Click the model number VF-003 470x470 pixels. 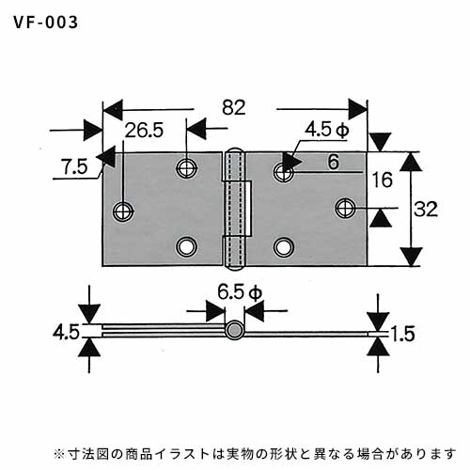click(46, 23)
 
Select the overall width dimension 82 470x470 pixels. click(234, 107)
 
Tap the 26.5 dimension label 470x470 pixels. click(144, 131)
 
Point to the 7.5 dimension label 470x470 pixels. click(74, 166)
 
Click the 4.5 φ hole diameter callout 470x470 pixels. click(327, 130)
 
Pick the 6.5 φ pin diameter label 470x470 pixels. click(240, 293)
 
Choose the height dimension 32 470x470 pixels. click(426, 209)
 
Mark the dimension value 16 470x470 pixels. click(383, 180)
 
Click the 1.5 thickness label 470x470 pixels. click(403, 334)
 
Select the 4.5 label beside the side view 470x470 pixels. click(66, 333)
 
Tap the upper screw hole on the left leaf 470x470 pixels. click(186, 167)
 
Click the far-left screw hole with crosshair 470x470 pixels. click(123, 211)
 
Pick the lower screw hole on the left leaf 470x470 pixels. click(186, 247)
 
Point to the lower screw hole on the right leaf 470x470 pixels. click(284, 247)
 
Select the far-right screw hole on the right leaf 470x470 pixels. click(345, 208)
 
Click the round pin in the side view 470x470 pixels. click(234, 330)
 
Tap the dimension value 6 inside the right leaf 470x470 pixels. click(334, 162)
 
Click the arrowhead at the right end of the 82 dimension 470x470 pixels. click(358, 109)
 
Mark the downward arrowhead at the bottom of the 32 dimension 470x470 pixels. click(411, 257)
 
